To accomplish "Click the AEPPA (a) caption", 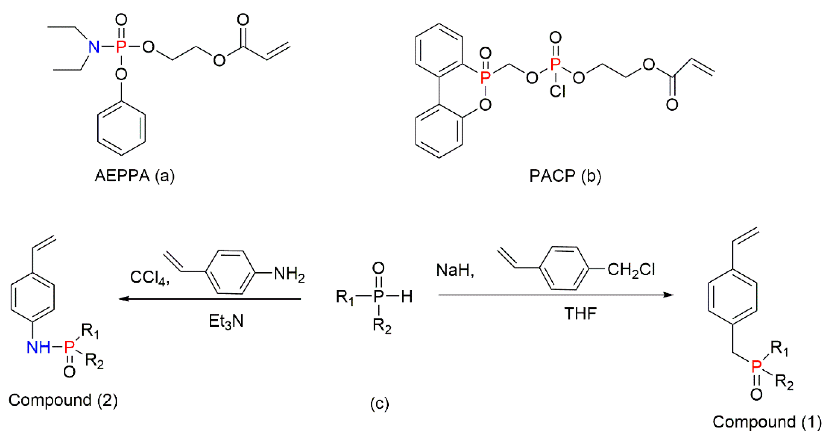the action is pyautogui.click(x=135, y=176).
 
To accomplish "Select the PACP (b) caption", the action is pyautogui.click(x=565, y=176).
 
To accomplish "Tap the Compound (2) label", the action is pyautogui.click(x=63, y=400).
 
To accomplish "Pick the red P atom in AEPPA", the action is pyautogui.click(x=121, y=47).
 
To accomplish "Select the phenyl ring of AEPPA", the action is pyautogui.click(x=121, y=128).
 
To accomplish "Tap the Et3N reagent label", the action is pyautogui.click(x=226, y=321).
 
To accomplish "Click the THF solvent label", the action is pyautogui.click(x=580, y=314).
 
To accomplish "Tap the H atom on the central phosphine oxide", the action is pyautogui.click(x=406, y=296).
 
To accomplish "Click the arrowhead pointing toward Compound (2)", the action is pyautogui.click(x=124, y=299).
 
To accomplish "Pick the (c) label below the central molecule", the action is pyautogui.click(x=379, y=404).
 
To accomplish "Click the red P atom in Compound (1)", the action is pyautogui.click(x=756, y=366).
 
